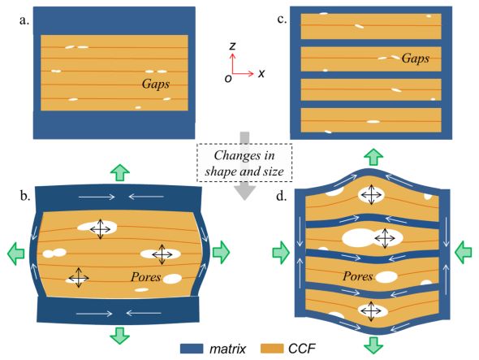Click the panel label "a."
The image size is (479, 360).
pos(24,21)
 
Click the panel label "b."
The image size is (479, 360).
pos(25,196)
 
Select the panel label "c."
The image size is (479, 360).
pos(282,20)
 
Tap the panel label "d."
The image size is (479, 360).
pos(282,196)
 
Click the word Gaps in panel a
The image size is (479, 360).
pos(156,84)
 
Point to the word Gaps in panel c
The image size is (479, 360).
pos(416,58)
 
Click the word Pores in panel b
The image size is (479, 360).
pos(145,277)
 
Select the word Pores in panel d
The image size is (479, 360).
pos(357,276)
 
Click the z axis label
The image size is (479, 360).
pos(233,46)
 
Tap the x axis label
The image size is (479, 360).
pos(261,73)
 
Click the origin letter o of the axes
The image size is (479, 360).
pos(228,79)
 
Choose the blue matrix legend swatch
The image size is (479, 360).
pos(192,349)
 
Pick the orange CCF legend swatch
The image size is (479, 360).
pos(272,349)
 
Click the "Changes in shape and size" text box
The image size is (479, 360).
pos(244,163)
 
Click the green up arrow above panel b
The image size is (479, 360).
pos(120,172)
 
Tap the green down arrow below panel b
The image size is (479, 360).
pos(120,336)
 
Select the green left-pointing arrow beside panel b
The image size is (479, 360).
pos(16,253)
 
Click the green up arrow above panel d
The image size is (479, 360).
pos(373,157)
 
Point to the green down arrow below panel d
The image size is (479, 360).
pos(373,345)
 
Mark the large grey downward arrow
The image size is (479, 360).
pos(244,166)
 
